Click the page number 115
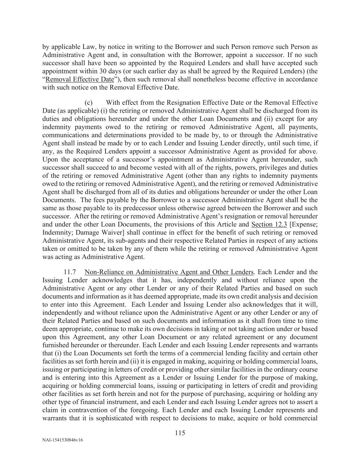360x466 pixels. [180, 433]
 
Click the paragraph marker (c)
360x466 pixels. [89, 102]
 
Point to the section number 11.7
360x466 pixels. [70, 272]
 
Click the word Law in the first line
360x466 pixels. [90, 47]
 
